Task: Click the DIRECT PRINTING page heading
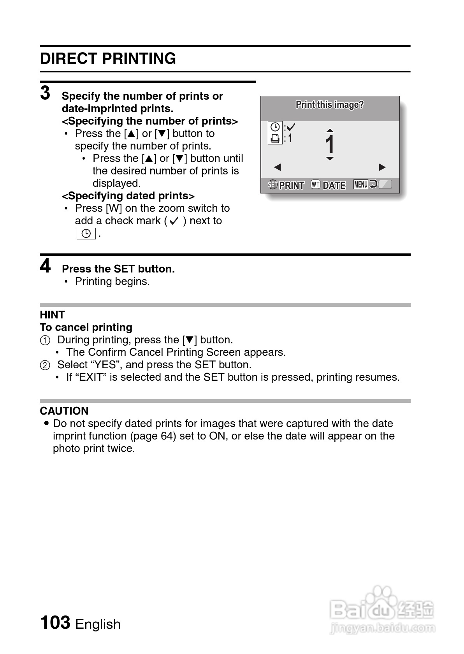(108, 59)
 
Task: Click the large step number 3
(46, 93)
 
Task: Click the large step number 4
(46, 267)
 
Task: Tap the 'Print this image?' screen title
(329, 105)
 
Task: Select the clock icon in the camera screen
(275, 127)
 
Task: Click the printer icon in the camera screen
(275, 138)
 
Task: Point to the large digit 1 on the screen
(330, 144)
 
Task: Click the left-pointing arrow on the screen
(277, 167)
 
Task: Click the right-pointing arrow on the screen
(382, 167)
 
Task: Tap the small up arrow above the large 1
(330, 130)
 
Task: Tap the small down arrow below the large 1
(330, 159)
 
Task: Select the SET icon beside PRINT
(273, 185)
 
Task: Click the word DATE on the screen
(334, 185)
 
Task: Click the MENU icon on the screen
(361, 185)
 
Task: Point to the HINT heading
(52, 315)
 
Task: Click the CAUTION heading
(64, 411)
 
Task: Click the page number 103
(55, 622)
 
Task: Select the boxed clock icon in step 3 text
(86, 234)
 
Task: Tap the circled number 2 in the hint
(45, 365)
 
